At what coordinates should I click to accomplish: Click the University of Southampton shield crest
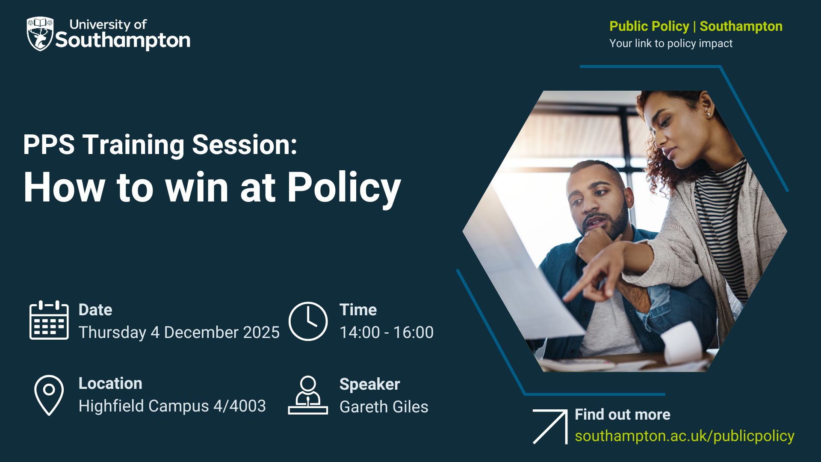(x=40, y=34)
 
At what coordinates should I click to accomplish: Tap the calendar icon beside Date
(x=49, y=320)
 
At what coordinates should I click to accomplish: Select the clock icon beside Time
(x=308, y=321)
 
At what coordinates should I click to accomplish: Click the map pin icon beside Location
(x=49, y=395)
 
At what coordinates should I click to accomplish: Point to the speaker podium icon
(x=308, y=395)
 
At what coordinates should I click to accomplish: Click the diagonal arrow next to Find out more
(x=550, y=426)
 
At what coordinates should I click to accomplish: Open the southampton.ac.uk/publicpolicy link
(x=685, y=436)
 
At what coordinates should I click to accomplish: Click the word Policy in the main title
(x=344, y=188)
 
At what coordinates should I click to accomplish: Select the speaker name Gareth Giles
(x=384, y=407)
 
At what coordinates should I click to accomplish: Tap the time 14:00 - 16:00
(x=387, y=332)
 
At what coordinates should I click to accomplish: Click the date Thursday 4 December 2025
(x=179, y=332)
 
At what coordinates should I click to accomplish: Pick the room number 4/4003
(x=239, y=406)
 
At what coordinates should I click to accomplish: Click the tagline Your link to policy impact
(x=671, y=43)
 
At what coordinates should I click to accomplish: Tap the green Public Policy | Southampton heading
(x=696, y=26)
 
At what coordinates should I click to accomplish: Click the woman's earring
(x=709, y=114)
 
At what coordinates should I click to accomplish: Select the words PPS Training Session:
(x=160, y=145)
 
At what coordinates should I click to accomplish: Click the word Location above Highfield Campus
(x=110, y=383)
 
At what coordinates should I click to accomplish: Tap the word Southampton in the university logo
(x=123, y=41)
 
